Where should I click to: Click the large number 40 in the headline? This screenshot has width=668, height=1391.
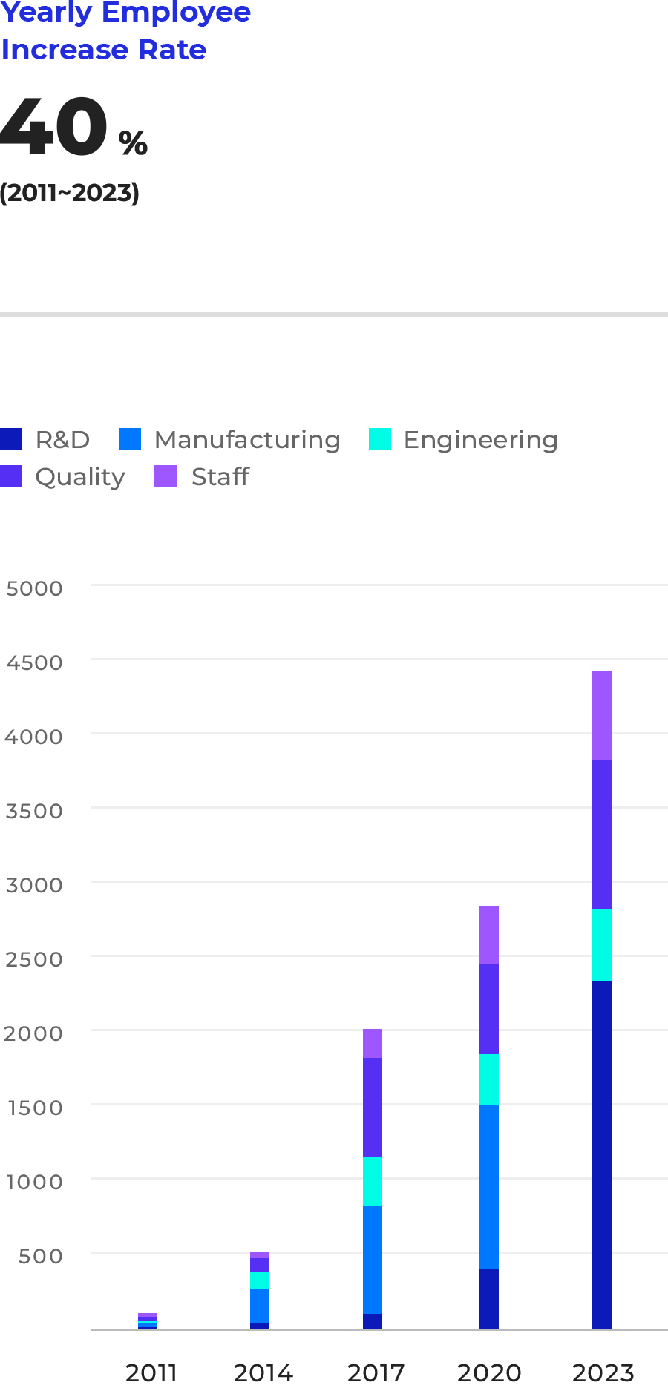(x=54, y=128)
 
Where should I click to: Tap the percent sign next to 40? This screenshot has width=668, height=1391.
(x=134, y=142)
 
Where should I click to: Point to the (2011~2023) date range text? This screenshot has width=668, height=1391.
(x=69, y=193)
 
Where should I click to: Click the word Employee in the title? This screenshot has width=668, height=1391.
(x=177, y=13)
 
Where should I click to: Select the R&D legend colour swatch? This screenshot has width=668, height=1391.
(x=11, y=439)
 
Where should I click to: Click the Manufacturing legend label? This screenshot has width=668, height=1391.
(x=247, y=440)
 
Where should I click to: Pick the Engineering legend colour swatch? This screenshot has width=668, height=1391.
(x=380, y=439)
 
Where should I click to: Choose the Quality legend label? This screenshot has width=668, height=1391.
(x=80, y=477)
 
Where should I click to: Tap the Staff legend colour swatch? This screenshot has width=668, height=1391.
(x=166, y=476)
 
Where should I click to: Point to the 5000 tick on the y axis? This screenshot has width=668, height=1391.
(x=34, y=588)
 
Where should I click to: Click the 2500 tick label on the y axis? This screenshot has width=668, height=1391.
(x=34, y=959)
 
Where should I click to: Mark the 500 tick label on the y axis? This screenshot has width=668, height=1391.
(x=40, y=1256)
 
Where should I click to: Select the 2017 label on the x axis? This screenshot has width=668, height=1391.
(x=376, y=1372)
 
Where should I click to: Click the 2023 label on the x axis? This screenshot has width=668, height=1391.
(x=603, y=1372)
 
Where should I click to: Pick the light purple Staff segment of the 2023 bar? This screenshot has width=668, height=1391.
(x=602, y=715)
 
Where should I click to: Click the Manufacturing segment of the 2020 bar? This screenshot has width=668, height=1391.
(x=489, y=1186)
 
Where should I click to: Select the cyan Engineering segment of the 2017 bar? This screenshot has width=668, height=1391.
(x=373, y=1181)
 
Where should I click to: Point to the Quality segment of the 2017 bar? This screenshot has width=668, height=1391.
(x=373, y=1107)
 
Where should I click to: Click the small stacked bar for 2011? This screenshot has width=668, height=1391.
(x=148, y=1321)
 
